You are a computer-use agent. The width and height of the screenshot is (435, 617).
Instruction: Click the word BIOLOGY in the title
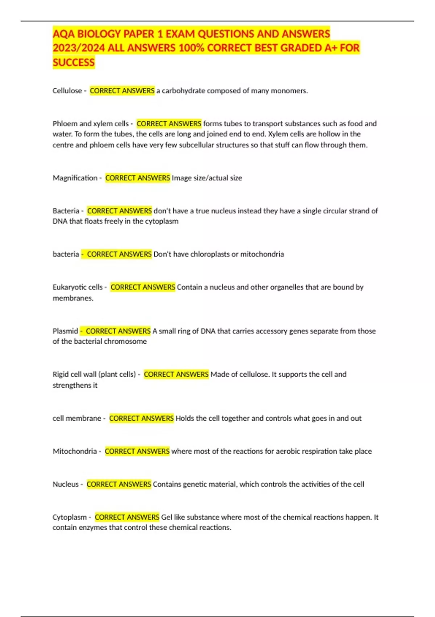pyautogui.click(x=99, y=34)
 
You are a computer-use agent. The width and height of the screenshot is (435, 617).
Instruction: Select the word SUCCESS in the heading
pyautogui.click(x=74, y=62)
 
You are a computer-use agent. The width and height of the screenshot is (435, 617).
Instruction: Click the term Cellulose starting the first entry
pyautogui.click(x=67, y=91)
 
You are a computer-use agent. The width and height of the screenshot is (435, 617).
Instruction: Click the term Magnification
pyautogui.click(x=75, y=178)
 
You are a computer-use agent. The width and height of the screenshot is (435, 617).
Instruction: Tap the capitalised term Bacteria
pyautogui.click(x=66, y=211)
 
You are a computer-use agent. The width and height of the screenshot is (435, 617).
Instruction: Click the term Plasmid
pyautogui.click(x=65, y=331)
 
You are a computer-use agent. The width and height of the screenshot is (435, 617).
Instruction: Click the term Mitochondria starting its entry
pyautogui.click(x=75, y=451)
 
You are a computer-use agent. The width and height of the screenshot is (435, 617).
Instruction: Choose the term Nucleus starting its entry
pyautogui.click(x=66, y=484)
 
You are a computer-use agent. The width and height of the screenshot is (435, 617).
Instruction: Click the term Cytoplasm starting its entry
pyautogui.click(x=70, y=517)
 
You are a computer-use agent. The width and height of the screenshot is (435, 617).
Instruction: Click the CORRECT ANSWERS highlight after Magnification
pyautogui.click(x=137, y=178)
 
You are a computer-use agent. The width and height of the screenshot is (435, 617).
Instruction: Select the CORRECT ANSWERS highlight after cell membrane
pyautogui.click(x=141, y=418)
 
